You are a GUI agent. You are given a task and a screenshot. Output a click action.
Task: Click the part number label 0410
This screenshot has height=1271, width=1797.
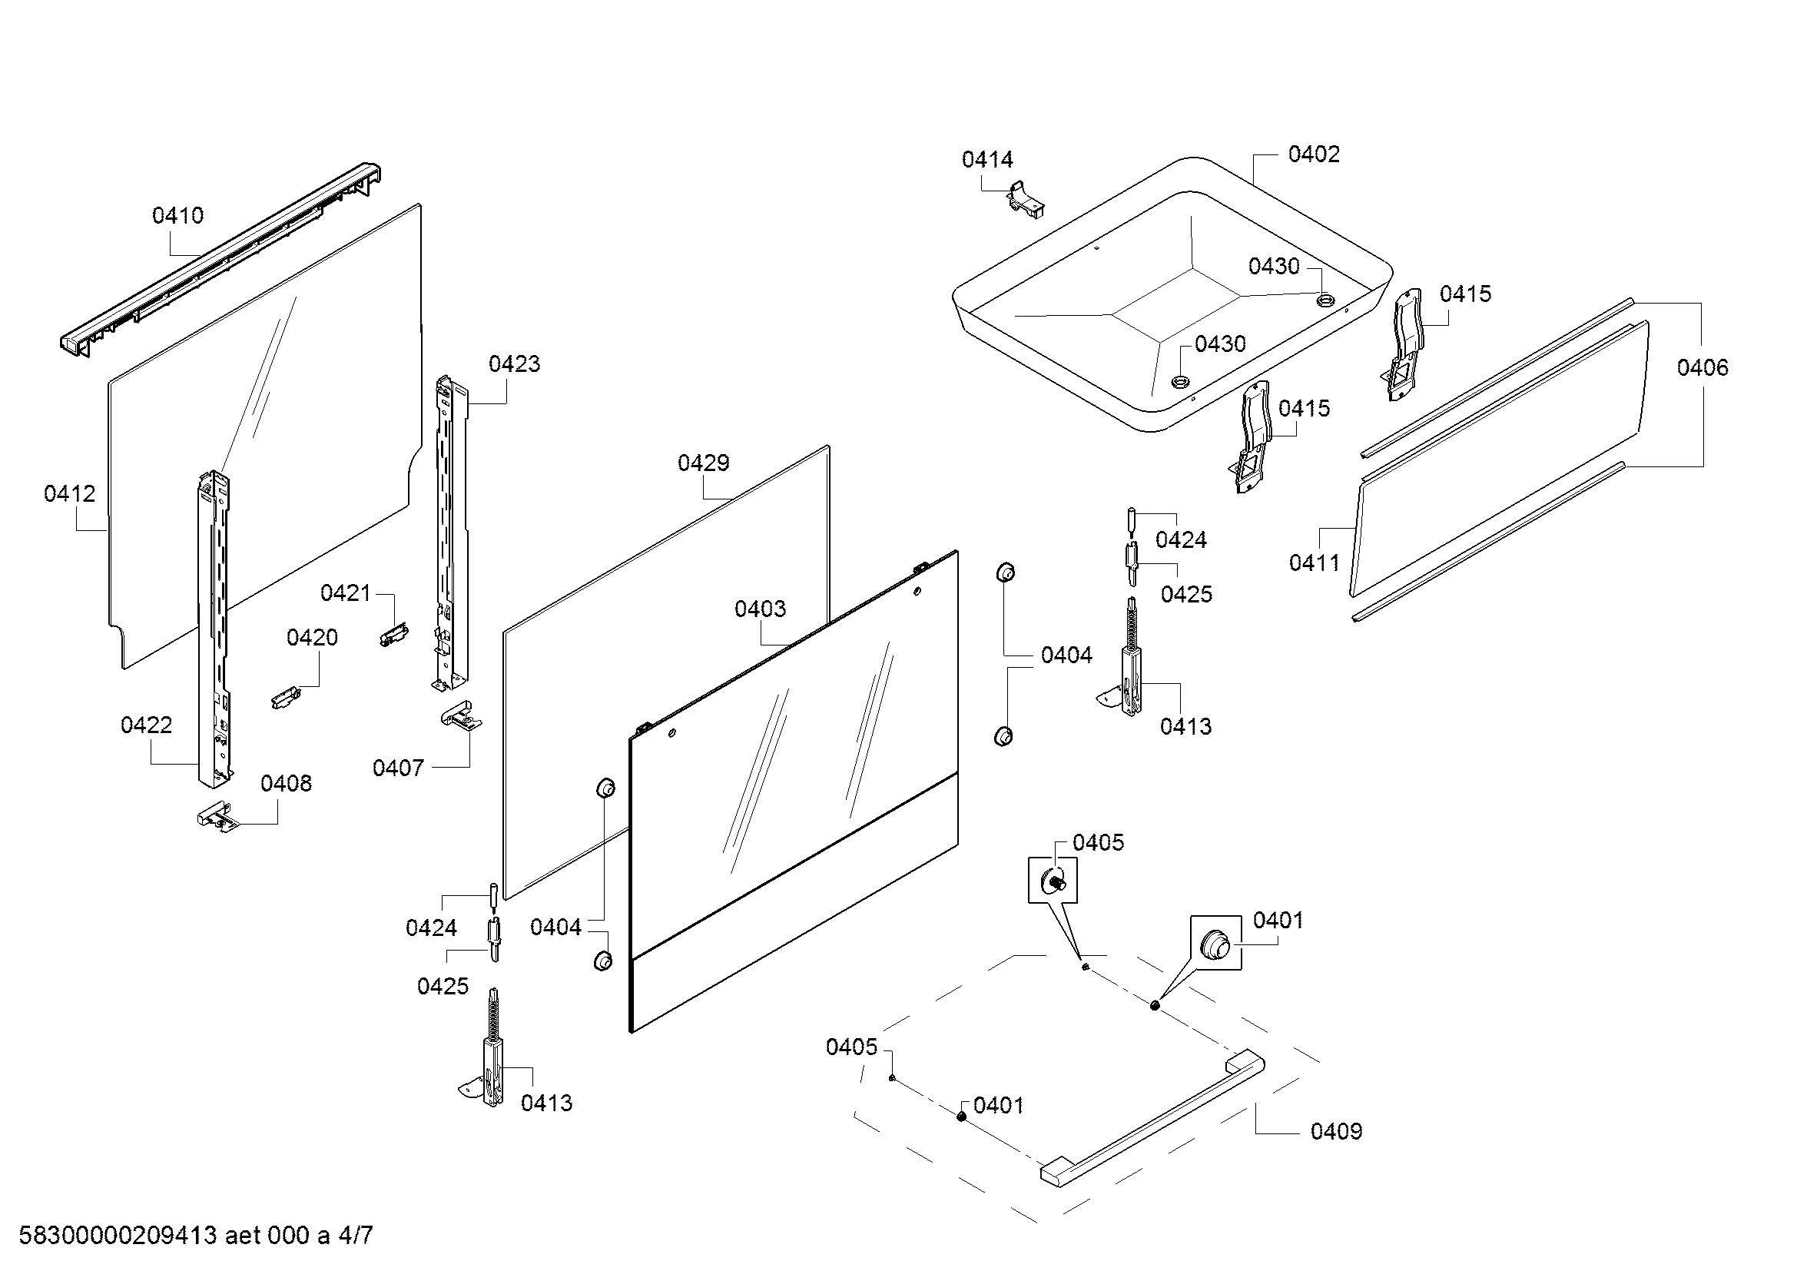point(177,215)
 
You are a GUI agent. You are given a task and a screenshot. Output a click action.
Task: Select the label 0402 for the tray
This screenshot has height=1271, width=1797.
point(1313,154)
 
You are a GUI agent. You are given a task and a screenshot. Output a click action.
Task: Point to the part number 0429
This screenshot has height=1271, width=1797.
point(703,463)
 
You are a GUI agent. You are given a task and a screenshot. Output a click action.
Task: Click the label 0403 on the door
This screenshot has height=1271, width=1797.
point(759,609)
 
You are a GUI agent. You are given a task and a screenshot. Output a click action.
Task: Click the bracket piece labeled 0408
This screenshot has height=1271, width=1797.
point(215,817)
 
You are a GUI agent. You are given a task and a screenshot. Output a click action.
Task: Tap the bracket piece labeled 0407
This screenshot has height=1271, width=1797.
point(461,715)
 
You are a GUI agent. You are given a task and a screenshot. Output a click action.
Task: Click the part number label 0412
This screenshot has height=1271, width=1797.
point(70,494)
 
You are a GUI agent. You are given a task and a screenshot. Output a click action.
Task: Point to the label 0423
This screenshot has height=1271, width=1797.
point(514,364)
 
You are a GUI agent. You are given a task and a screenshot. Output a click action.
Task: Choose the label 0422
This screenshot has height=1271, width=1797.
point(147,725)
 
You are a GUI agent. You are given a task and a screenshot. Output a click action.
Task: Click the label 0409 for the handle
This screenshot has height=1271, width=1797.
point(1336,1132)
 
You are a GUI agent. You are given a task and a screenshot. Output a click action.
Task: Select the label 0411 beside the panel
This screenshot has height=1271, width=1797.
point(1314,562)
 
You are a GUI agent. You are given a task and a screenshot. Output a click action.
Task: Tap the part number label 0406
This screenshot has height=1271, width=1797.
point(1703,368)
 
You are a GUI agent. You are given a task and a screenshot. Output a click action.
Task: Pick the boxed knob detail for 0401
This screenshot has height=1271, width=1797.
point(1215,943)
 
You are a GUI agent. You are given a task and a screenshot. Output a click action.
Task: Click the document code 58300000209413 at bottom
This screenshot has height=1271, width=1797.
point(118,1236)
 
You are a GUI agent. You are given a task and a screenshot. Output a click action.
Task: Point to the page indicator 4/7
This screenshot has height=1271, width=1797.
point(356,1236)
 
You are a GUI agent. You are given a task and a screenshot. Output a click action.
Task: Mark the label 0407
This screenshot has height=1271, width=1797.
point(398,768)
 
